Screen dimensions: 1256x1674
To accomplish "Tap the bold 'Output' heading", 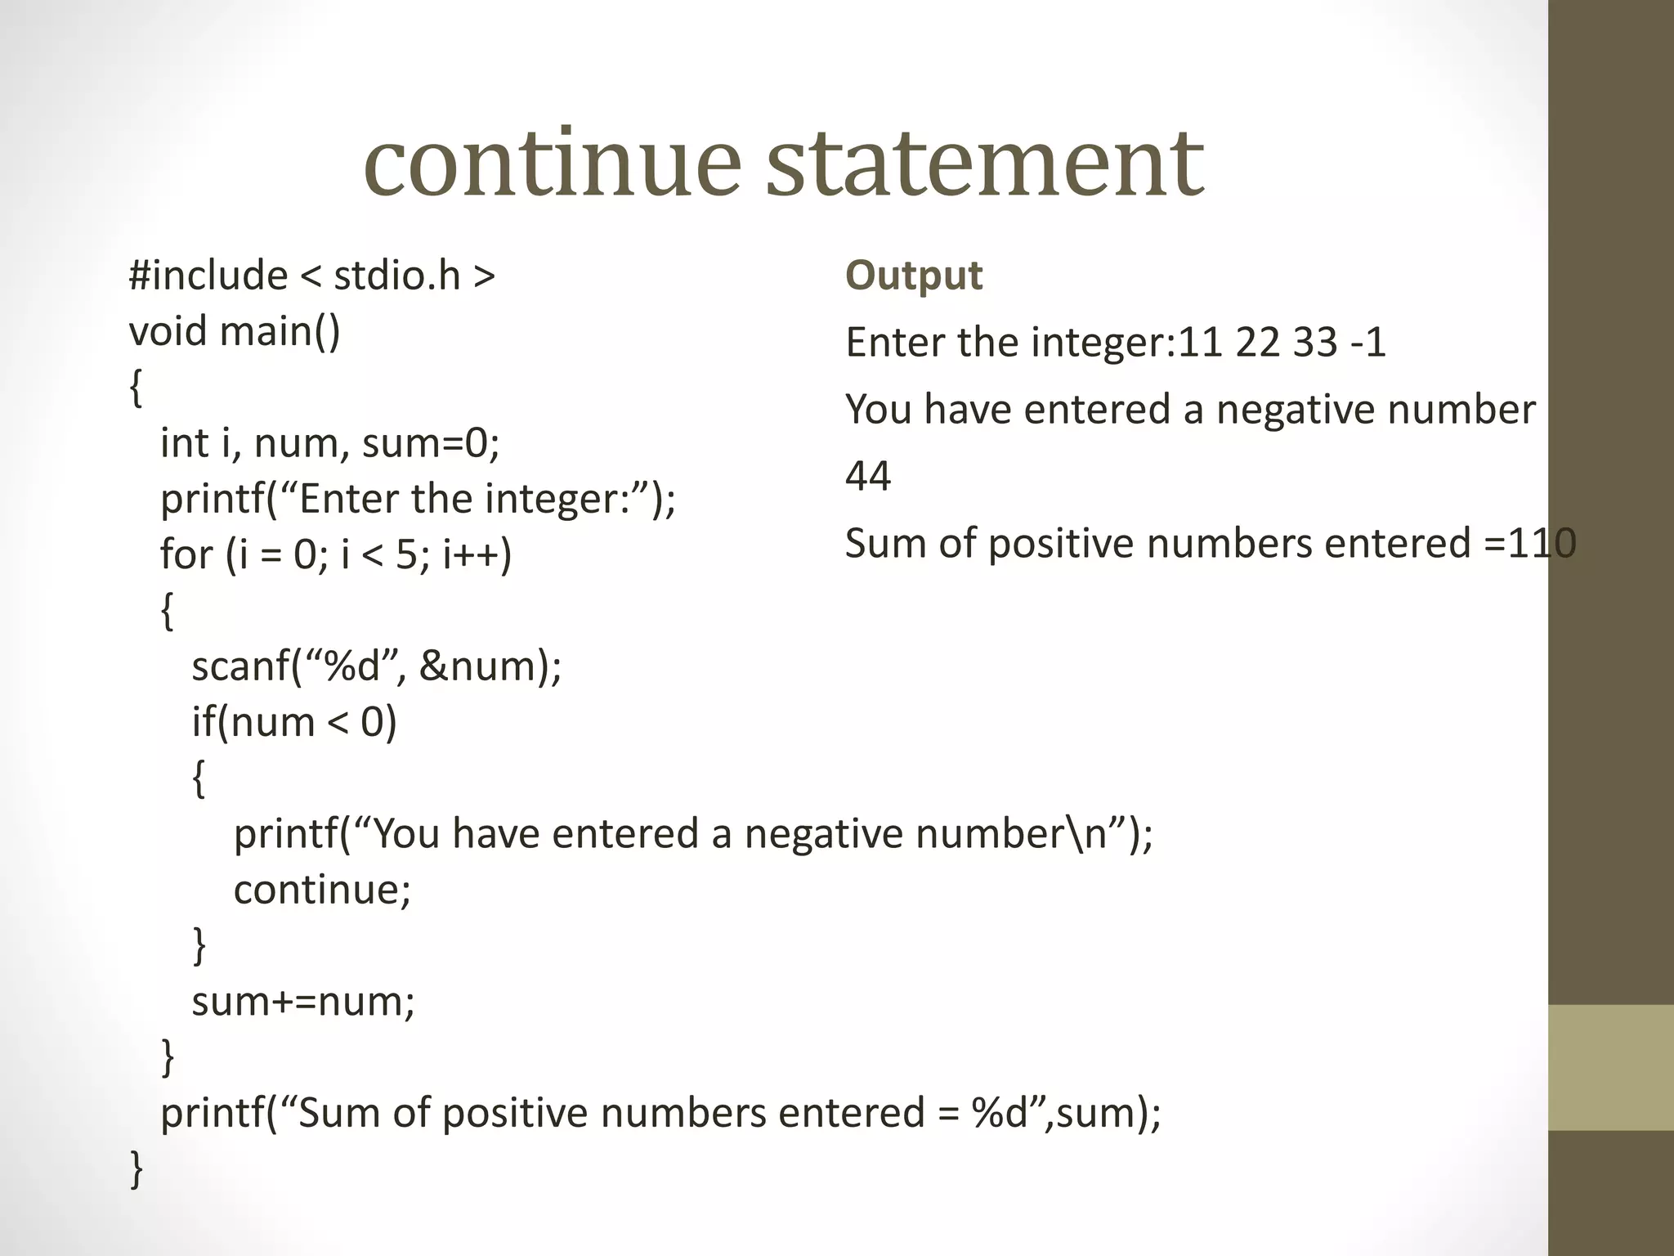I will click(913, 275).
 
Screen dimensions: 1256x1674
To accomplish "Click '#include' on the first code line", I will click(208, 275).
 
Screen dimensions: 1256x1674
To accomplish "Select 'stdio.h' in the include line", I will click(397, 275).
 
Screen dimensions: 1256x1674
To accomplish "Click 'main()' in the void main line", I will click(280, 331).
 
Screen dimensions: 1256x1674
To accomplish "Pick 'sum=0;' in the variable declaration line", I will click(430, 443).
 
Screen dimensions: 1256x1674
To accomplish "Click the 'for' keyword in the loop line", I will click(186, 554).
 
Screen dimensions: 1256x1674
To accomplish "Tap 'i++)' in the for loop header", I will click(477, 554).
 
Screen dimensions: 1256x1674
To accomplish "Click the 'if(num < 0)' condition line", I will click(294, 722).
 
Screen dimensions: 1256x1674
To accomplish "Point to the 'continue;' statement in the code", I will click(322, 890).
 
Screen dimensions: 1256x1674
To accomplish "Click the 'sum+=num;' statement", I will click(303, 1001).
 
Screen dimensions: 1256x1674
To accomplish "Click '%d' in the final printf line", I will click(999, 1113).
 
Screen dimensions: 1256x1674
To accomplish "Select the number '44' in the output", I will click(867, 476).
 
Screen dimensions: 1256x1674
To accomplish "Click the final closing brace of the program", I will click(137, 1169).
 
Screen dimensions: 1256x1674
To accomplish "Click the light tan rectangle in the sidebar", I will click(1610, 1067).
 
